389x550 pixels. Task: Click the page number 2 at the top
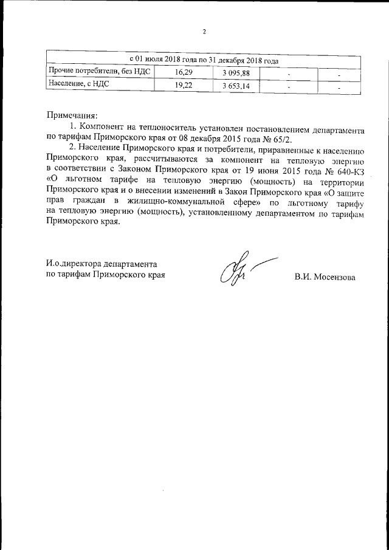click(x=205, y=32)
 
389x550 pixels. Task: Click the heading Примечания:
click(x=72, y=115)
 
